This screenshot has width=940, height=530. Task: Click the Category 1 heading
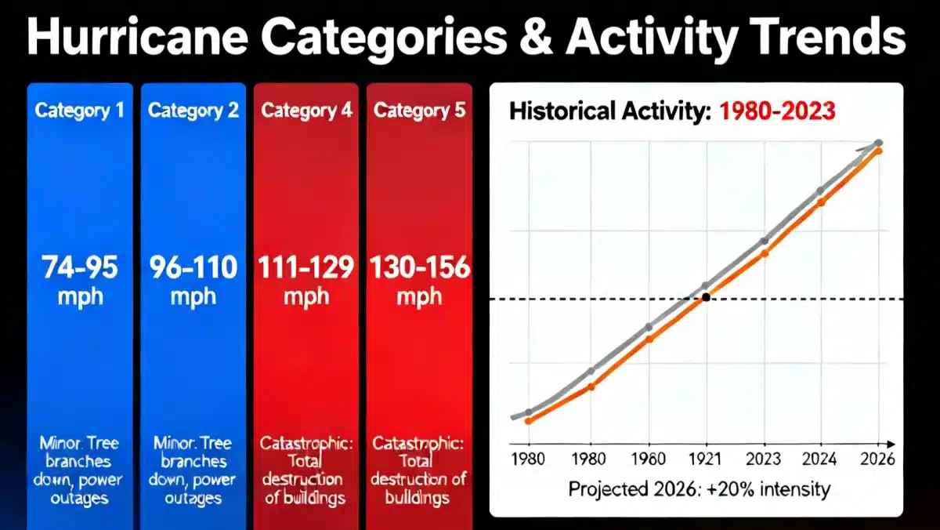click(80, 111)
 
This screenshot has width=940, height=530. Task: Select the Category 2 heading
click(193, 111)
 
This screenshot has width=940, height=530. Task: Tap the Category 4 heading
click(306, 111)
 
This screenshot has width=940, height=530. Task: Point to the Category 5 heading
click(419, 111)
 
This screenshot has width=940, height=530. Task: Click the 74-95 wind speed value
click(80, 268)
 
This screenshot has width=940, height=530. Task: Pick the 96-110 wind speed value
click(193, 268)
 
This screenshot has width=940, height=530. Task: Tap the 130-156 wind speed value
click(419, 268)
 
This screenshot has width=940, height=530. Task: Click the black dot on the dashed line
click(707, 298)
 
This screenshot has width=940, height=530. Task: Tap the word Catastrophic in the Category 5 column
click(418, 444)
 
